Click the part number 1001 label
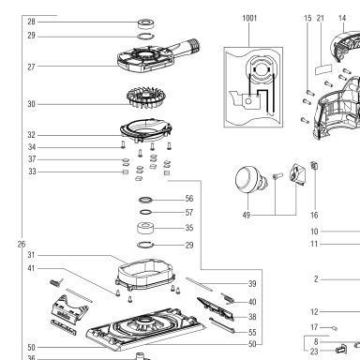pyautogui.click(x=249, y=18)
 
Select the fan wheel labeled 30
pyautogui.click(x=146, y=97)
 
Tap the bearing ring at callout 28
pyautogui.click(x=147, y=23)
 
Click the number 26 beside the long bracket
pyautogui.click(x=22, y=244)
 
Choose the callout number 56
pyautogui.click(x=189, y=199)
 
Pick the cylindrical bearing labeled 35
pyautogui.click(x=146, y=228)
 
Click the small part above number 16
pyautogui.click(x=314, y=165)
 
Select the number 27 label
pyautogui.click(x=31, y=67)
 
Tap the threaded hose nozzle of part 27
pyautogui.click(x=190, y=46)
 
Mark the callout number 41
pyautogui.click(x=31, y=268)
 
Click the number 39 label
pyautogui.click(x=252, y=284)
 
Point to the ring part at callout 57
pyautogui.click(x=145, y=212)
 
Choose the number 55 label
pyautogui.click(x=252, y=332)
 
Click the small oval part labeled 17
pyautogui.click(x=335, y=328)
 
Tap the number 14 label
pyautogui.click(x=342, y=18)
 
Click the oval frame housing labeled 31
pyautogui.click(x=145, y=274)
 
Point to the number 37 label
pyautogui.click(x=32, y=159)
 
